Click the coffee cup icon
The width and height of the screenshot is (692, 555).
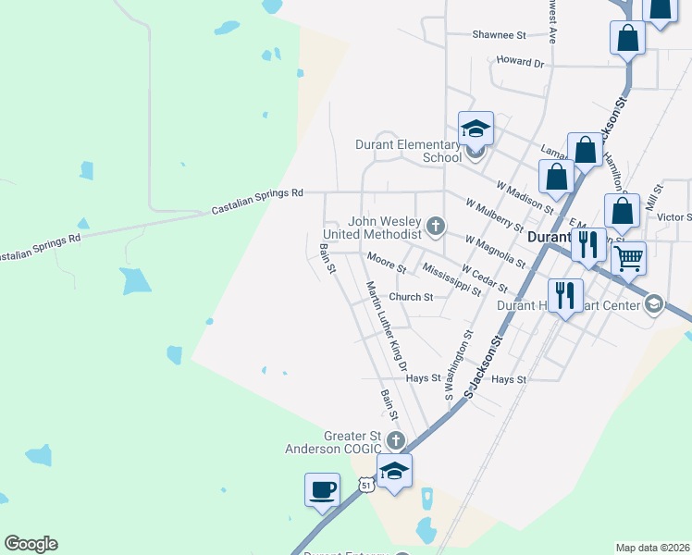tap(322, 489)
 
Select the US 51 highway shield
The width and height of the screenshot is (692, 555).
tap(367, 484)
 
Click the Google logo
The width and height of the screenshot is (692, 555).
tap(31, 544)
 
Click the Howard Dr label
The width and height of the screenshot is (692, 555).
tap(520, 62)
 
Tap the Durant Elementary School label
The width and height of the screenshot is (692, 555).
tap(408, 151)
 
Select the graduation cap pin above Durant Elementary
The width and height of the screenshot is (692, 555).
tap(476, 128)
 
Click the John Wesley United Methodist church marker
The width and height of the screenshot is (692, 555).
tap(436, 225)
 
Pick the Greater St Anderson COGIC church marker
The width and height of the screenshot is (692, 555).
tap(396, 439)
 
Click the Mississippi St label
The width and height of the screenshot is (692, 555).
tap(451, 278)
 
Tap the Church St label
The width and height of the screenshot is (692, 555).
tap(411, 297)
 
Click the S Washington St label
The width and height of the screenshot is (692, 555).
tap(460, 365)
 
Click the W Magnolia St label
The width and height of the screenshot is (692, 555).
tap(495, 251)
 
